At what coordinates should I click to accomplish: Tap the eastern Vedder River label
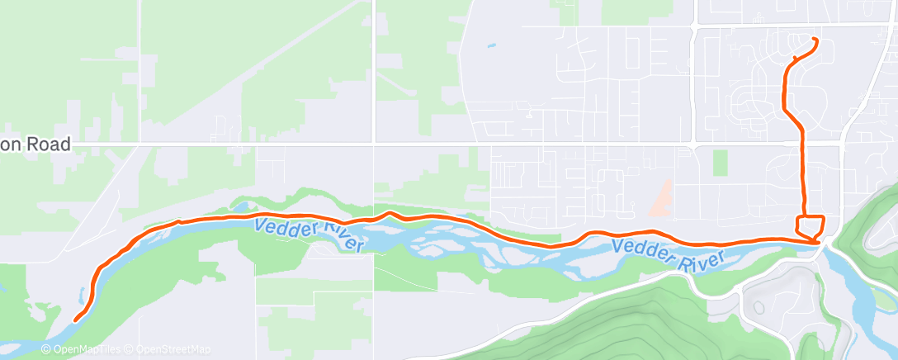point(669,253)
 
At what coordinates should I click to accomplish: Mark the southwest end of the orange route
point(75,320)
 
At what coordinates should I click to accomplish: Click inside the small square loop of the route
point(810,225)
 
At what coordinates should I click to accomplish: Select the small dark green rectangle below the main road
point(721,163)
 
